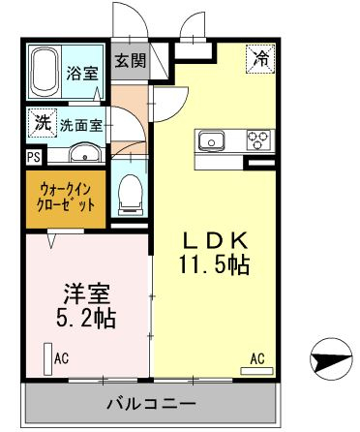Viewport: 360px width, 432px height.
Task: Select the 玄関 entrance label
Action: [x=130, y=61]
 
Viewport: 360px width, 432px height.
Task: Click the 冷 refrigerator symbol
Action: [x=262, y=58]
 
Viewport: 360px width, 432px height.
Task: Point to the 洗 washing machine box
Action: [x=42, y=123]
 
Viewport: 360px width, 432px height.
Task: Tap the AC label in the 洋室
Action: [x=62, y=358]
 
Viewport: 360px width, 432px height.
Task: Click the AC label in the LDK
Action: [x=257, y=357]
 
